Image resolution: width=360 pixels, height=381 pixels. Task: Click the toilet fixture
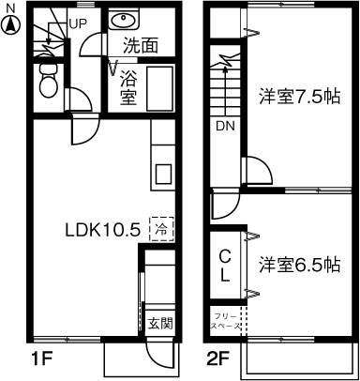point(48,84)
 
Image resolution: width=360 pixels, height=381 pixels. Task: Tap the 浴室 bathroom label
point(128,85)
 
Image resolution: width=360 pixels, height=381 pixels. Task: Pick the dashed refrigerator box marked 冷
point(162,228)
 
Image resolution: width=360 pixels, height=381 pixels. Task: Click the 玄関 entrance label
point(160,324)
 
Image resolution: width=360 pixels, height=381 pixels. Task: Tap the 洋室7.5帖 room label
point(299,96)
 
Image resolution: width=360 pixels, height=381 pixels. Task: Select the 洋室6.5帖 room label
point(299,264)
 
